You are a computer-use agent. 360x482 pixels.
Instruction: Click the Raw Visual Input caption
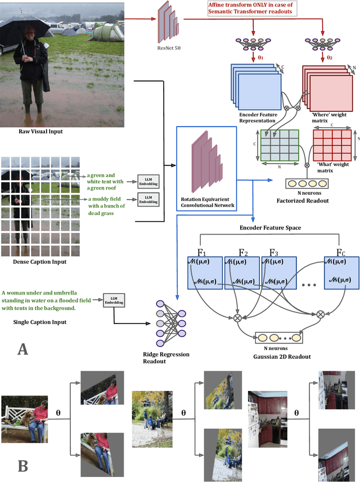point(40,132)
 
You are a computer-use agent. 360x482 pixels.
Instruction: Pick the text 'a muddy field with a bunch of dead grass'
point(107,205)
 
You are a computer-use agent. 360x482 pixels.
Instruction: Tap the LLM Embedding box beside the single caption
point(113,300)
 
